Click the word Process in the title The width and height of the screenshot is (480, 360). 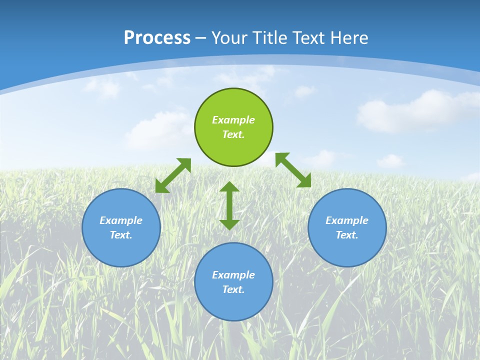click(157, 38)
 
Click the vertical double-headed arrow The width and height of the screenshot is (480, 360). click(229, 205)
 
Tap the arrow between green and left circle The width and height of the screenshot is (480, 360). click(173, 175)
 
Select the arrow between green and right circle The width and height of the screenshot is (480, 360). click(293, 170)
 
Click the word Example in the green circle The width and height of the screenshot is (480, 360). click(233, 120)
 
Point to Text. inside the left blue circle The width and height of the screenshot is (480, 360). click(121, 235)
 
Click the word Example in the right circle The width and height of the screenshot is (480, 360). click(347, 220)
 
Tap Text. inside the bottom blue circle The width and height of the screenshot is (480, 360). click(233, 289)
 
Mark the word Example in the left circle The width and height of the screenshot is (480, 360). click(121, 220)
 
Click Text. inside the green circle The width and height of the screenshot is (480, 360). click(233, 134)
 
